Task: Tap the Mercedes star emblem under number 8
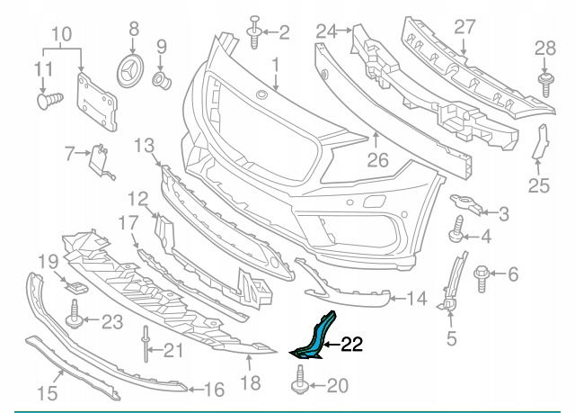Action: tap(133, 68)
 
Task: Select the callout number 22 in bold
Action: tap(351, 344)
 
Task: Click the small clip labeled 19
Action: tap(77, 287)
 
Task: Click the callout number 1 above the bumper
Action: tap(276, 65)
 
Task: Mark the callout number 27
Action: tap(464, 27)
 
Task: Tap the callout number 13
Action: tap(145, 144)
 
